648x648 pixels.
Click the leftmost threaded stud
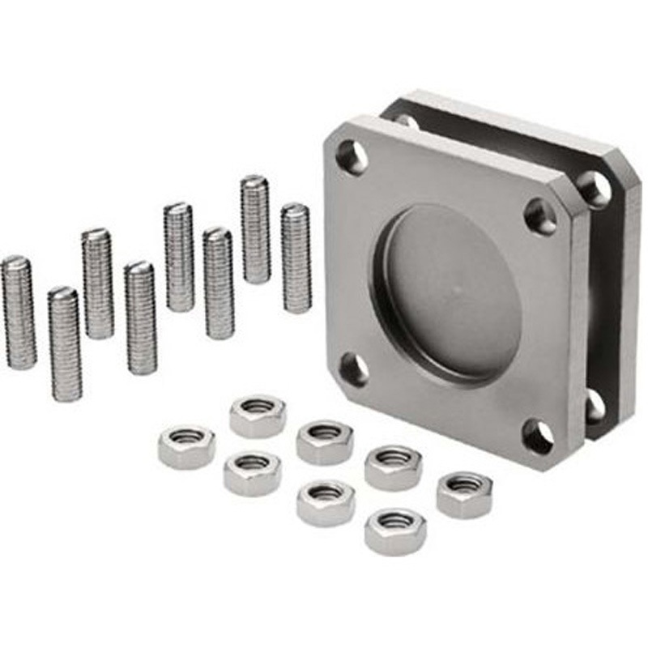18,312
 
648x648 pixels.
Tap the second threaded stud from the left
64,343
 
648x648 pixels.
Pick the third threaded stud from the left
97,283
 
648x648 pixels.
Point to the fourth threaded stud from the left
140,318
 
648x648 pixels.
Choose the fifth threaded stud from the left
178,257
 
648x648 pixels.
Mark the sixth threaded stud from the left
218,283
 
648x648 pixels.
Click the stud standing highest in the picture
255,229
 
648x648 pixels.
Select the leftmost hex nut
186,446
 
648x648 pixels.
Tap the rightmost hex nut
464,494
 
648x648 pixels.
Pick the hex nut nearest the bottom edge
394,531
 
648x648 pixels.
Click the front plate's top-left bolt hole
352,156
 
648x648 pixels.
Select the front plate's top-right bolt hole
540,216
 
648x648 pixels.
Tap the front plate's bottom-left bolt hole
354,369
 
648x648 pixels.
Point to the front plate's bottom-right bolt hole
539,437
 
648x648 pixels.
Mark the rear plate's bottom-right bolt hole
595,405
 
